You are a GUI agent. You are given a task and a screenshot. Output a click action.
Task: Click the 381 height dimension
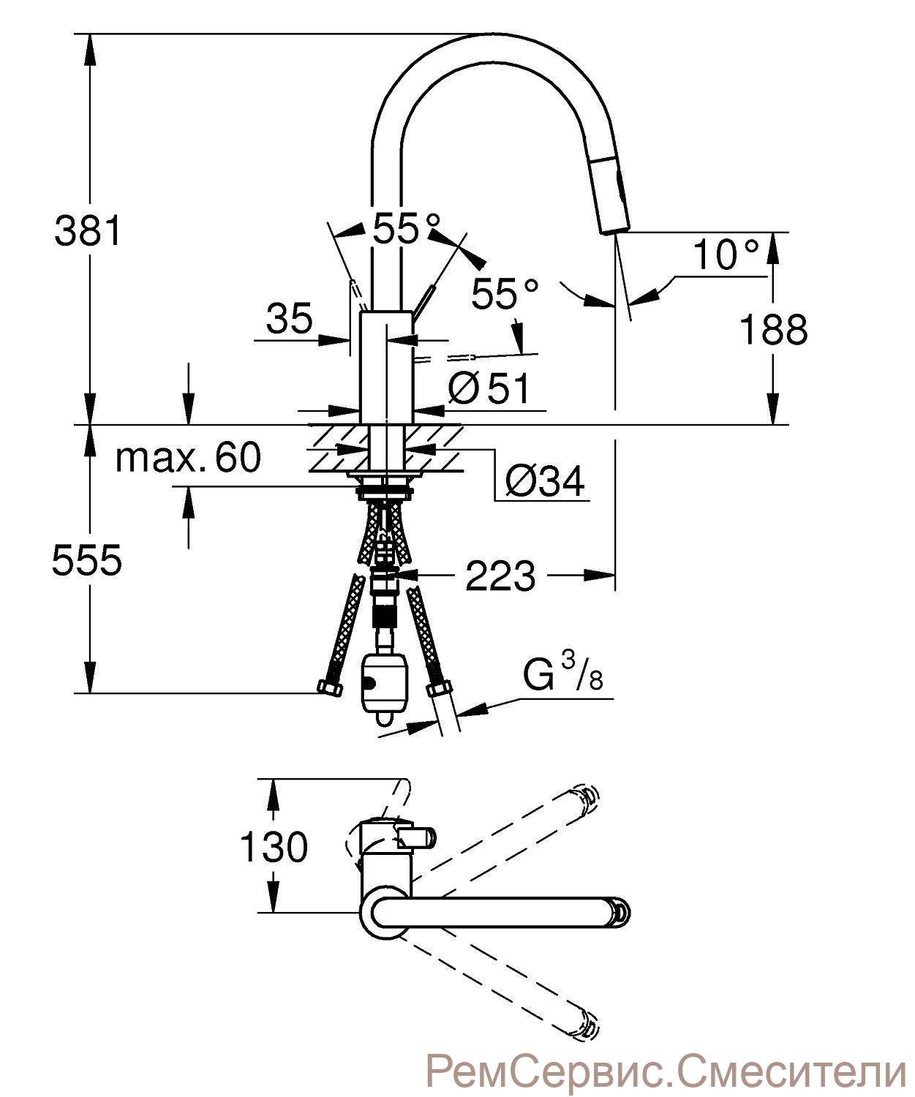point(88,230)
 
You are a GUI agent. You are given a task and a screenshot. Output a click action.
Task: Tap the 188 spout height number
point(773,330)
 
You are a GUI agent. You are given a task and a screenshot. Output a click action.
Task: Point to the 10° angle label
point(727,255)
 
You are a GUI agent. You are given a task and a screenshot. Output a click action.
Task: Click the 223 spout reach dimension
point(500,575)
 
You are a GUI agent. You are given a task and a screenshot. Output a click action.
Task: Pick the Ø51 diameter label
point(489,389)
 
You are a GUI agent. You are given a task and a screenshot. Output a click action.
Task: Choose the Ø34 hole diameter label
point(544,481)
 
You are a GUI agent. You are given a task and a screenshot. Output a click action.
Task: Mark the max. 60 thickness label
point(188,456)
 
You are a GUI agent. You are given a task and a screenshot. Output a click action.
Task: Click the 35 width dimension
point(289,318)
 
